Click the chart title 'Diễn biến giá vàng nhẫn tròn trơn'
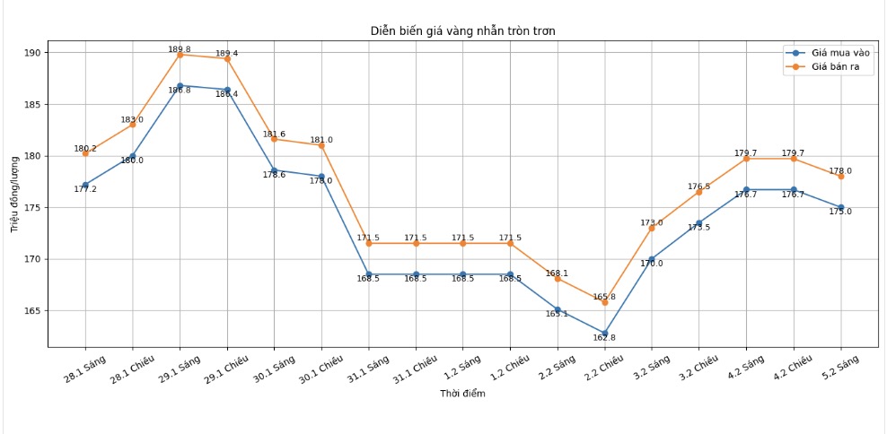point(462,31)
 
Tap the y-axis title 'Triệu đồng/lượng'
point(14,194)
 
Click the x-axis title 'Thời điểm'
point(462,394)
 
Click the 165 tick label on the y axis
point(32,311)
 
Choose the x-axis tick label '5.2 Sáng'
point(839,369)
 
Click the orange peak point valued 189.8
point(180,55)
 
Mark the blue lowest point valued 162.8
point(605,334)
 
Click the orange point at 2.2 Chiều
point(605,302)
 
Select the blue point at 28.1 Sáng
point(85,185)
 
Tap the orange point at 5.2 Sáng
point(841,177)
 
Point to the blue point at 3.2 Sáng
point(652,259)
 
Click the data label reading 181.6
point(274,135)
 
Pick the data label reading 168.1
point(557,273)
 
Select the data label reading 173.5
point(698,228)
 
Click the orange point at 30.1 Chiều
point(321,145)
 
